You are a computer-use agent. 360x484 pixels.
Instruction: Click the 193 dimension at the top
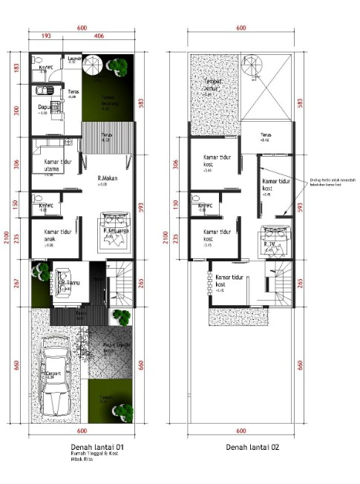pos(45,35)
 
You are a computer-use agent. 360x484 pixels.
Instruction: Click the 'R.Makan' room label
pos(109,178)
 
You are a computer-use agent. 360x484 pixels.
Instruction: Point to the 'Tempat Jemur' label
pos(215,85)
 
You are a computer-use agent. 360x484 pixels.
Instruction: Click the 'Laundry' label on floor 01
pos(74,58)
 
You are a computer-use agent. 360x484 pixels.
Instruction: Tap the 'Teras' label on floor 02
pos(265,135)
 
